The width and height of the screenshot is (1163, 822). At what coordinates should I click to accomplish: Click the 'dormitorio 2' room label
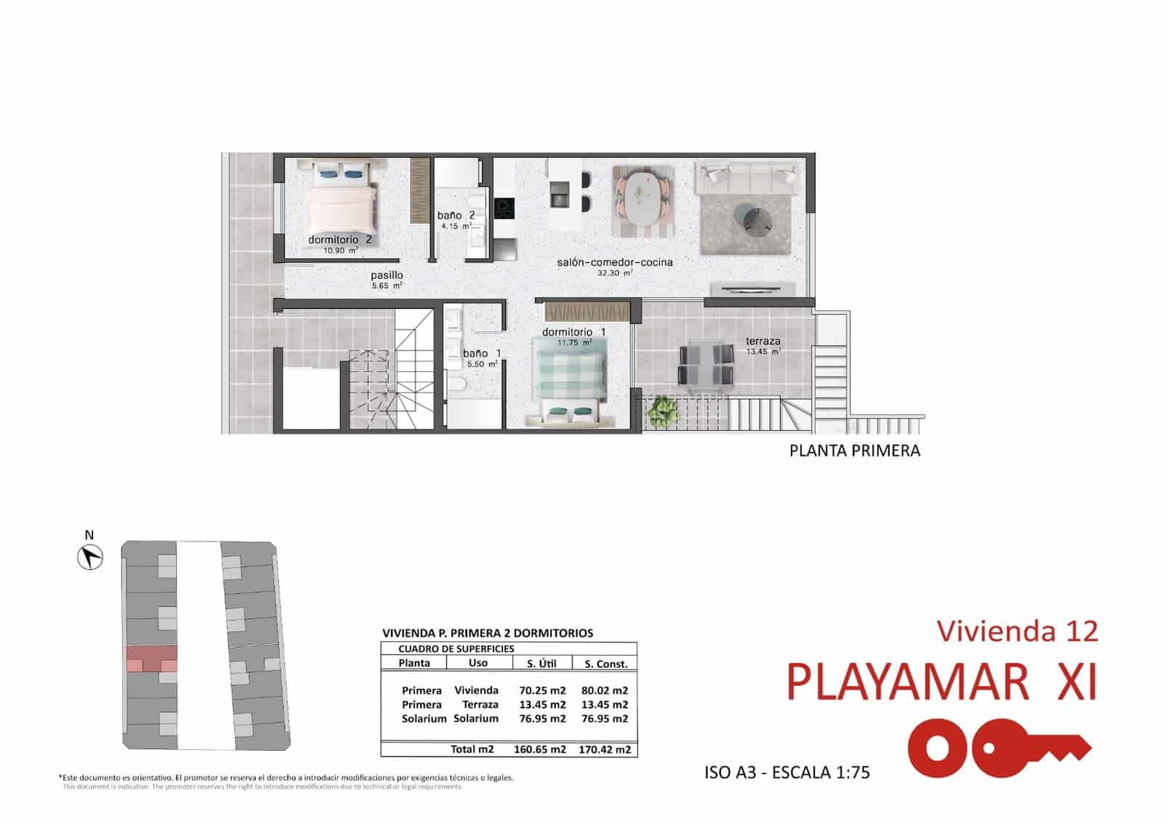(339, 240)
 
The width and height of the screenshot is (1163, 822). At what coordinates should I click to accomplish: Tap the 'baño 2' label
(456, 216)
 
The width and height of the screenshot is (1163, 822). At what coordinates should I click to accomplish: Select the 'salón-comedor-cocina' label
(614, 262)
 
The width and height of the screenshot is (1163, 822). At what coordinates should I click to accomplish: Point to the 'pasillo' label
(387, 275)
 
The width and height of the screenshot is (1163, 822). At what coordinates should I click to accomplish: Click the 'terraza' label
(762, 341)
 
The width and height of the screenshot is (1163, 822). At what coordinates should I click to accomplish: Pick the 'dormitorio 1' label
(574, 332)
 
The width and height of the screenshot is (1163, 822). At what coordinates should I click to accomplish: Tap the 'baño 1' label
(482, 354)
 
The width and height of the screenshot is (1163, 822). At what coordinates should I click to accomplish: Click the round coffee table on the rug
(754, 219)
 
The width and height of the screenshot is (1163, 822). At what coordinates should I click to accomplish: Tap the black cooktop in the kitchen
(504, 209)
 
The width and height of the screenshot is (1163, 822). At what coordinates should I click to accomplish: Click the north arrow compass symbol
(90, 557)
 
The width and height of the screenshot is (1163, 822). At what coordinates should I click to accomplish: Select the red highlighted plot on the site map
(151, 659)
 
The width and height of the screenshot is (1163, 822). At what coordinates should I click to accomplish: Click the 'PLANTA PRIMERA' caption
(854, 451)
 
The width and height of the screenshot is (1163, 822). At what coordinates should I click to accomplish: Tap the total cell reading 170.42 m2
(604, 749)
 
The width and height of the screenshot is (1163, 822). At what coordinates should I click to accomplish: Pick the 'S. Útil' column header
(542, 664)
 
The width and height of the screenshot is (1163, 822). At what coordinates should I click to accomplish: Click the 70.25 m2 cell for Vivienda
(542, 690)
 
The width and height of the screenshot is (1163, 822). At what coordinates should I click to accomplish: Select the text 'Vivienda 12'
(1017, 631)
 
